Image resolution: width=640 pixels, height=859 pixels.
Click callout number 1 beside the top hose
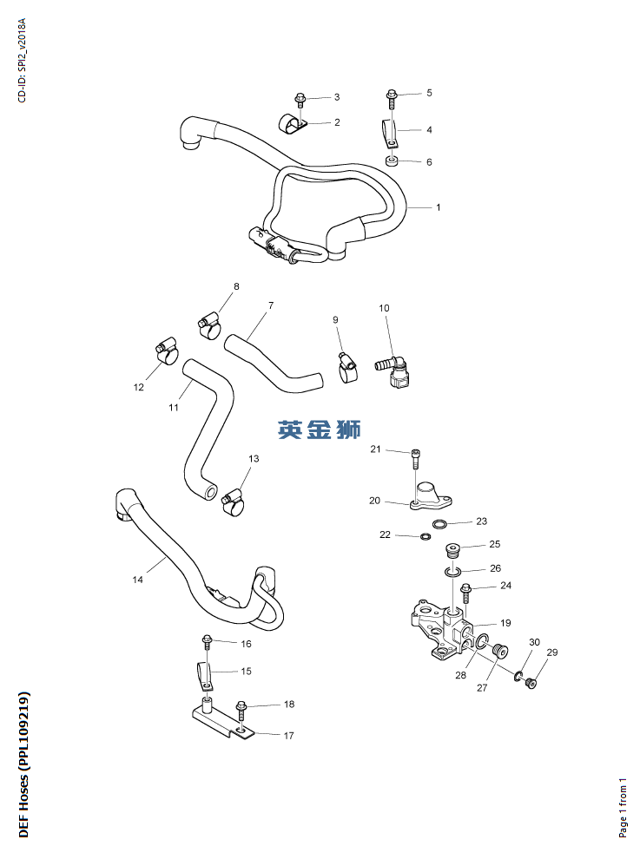pos(439,207)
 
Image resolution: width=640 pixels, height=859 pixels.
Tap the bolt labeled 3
pos(300,101)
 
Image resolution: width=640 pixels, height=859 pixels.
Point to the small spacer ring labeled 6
pos(392,161)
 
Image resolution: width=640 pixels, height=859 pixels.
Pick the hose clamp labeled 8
pos(209,325)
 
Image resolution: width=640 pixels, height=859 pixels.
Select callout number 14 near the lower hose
pos(138,579)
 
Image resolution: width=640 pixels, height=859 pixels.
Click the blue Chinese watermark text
pos(320,429)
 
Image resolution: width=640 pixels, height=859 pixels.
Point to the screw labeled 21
pos(415,458)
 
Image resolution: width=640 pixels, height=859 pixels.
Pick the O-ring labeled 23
pos(439,524)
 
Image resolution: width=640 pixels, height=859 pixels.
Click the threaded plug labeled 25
pos(452,550)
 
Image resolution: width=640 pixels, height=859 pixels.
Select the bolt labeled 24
pos(466,593)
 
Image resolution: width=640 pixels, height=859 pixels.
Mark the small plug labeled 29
pos(531,683)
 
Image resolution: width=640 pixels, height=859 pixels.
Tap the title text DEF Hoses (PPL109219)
pos(23,764)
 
